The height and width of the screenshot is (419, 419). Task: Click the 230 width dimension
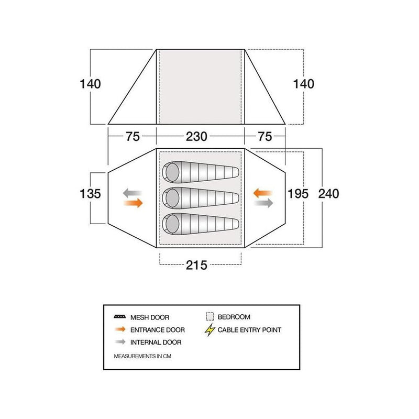tap(196, 137)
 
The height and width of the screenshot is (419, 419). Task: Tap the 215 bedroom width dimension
tap(196, 266)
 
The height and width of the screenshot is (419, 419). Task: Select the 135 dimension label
tap(90, 194)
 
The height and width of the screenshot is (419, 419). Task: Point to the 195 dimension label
tap(298, 194)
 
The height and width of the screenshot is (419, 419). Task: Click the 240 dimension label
tap(329, 194)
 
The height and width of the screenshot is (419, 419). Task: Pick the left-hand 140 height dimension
tap(90, 84)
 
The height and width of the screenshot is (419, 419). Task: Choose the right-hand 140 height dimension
tap(304, 84)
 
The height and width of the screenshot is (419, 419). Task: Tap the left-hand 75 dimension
tap(133, 137)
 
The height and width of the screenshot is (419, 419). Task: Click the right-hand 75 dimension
tap(265, 137)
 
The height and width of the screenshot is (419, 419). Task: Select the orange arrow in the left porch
tap(134, 203)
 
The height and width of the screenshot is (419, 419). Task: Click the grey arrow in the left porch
tap(133, 193)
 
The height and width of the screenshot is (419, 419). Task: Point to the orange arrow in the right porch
tap(263, 193)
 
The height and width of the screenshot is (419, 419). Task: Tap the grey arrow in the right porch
tap(264, 203)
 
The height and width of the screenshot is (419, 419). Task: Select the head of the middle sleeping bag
tap(172, 199)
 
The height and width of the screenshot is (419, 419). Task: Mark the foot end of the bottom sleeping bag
tap(235, 224)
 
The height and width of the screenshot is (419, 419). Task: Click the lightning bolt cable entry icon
tap(210, 330)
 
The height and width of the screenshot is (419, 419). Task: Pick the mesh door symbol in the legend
tap(120, 317)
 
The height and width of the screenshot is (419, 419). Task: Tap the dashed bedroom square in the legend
tap(210, 317)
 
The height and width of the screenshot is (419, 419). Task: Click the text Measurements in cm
tap(142, 356)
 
